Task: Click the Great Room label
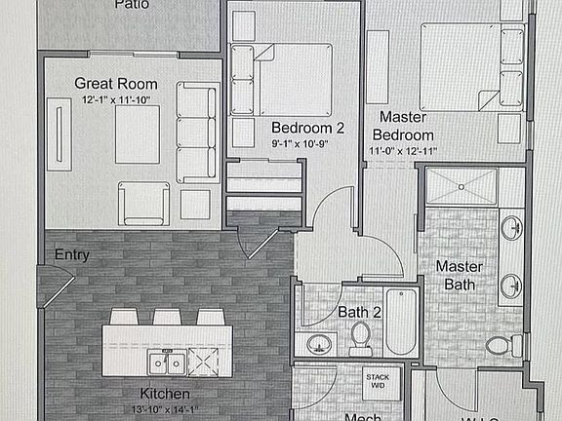pos(115,84)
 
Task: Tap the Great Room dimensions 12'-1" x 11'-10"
pos(115,98)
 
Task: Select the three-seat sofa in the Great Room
pos(197,132)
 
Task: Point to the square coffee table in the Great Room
pos(137,134)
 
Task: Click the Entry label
pos(72,255)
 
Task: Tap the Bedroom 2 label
pos(307,128)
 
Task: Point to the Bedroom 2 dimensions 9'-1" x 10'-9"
pos(307,143)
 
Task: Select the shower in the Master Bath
pos(462,186)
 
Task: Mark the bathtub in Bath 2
pos(401,322)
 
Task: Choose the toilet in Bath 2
pos(359,336)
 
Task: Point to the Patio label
pos(131,5)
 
